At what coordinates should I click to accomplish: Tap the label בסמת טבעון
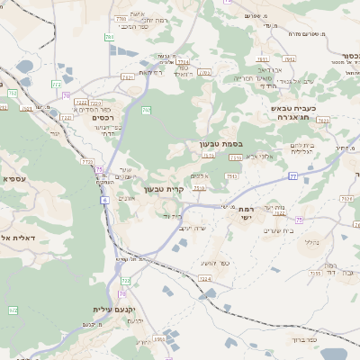coord(221,143)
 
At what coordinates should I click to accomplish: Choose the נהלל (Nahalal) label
coord(312,241)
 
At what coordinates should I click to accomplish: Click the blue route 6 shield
coord(104,200)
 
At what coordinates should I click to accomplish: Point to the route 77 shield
coord(292,176)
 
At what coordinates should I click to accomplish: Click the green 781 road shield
coord(108,37)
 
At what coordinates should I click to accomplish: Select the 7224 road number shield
coord(205,279)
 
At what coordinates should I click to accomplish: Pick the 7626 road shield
coord(280,212)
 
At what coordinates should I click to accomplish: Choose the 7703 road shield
coord(121,18)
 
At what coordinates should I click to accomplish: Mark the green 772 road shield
coord(13,93)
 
